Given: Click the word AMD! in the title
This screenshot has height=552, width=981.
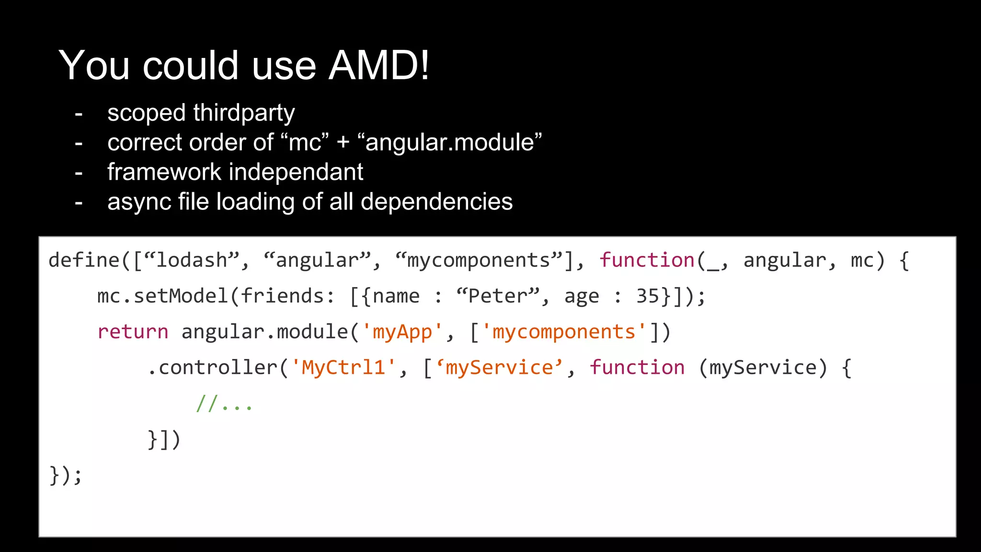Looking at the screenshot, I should tap(379, 65).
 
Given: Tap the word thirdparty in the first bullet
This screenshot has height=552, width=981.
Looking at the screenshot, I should tap(244, 113).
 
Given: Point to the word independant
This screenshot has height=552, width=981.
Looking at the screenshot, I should tap(298, 172).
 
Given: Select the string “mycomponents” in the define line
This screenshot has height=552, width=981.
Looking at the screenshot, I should tap(479, 260).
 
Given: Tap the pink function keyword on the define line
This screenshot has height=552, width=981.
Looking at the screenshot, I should tap(647, 260).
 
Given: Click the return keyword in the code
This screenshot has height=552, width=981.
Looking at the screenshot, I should tap(133, 332).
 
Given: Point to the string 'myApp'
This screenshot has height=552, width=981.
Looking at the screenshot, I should tap(402, 332).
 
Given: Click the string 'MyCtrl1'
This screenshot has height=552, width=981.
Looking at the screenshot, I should tap(343, 368).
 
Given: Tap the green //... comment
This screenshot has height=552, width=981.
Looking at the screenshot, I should tap(224, 403).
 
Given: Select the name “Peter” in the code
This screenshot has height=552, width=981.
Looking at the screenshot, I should tap(498, 296).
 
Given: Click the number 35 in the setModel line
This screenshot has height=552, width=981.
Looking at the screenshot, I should tap(647, 296).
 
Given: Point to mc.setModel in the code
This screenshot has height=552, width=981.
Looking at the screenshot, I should tap(163, 296).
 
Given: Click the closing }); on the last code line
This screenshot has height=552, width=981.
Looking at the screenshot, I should tap(66, 475).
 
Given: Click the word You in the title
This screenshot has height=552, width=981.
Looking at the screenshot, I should tap(94, 65).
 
